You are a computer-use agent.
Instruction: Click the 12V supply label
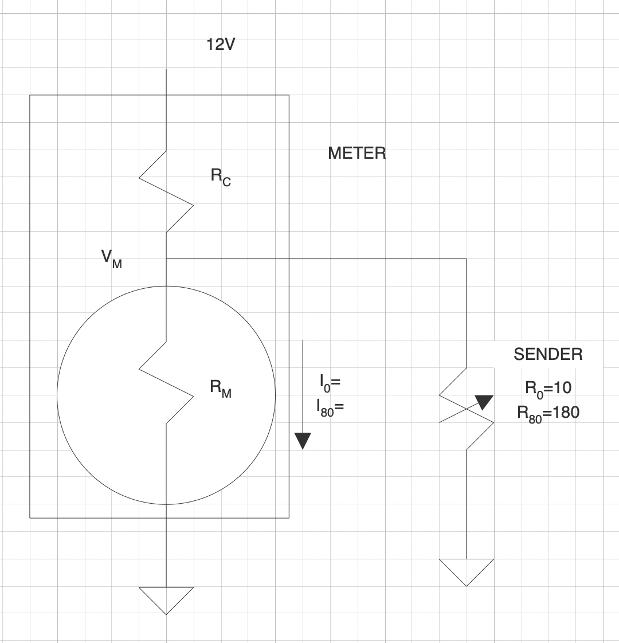coord(221,44)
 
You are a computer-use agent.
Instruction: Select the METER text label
coord(357,154)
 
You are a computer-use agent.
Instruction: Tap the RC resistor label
coord(221,177)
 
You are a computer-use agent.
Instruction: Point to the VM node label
coord(112,259)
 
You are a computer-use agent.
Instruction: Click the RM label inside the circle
coord(221,389)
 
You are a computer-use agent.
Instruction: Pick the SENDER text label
coord(548,354)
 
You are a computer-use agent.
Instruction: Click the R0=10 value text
coord(549,389)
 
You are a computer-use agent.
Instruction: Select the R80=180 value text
coord(549,414)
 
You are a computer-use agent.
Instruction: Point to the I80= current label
coord(330,408)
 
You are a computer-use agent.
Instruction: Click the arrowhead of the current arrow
coord(303,441)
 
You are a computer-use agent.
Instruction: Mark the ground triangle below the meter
coord(166,601)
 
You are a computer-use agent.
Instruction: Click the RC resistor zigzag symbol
coord(166,191)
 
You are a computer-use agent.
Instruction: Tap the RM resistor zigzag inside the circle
coord(166,382)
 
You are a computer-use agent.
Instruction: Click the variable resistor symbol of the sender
coord(467,409)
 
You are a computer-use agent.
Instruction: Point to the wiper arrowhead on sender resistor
coord(484,402)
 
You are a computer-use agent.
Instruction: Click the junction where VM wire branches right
coord(166,259)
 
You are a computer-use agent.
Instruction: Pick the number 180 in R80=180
coord(566,412)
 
